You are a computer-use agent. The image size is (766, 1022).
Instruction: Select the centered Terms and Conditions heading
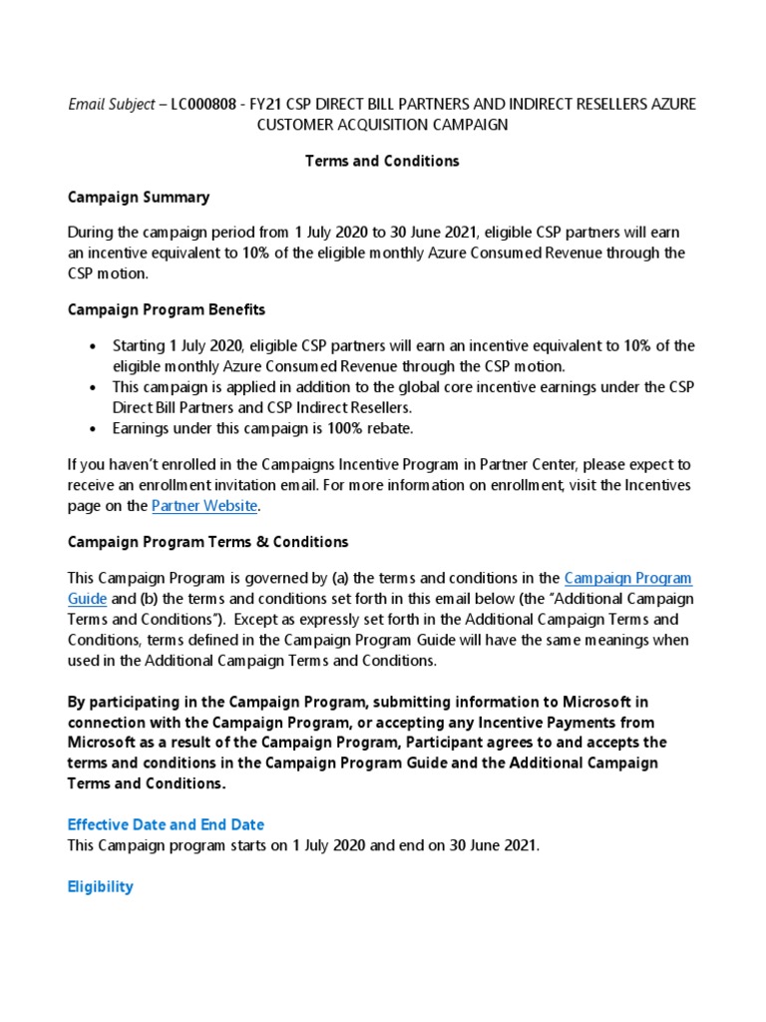tap(382, 161)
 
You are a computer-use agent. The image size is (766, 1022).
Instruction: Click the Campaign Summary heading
tap(138, 197)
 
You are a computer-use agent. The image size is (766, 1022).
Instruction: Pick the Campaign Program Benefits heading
tap(166, 309)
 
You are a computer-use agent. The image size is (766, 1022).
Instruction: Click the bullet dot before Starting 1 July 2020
tap(93, 346)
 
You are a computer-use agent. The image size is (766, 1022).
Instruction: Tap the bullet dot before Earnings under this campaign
tap(93, 428)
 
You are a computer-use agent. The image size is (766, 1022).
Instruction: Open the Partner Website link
tap(204, 506)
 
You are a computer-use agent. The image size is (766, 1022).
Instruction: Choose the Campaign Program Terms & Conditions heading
tap(207, 542)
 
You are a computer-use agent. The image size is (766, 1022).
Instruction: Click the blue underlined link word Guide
tap(87, 599)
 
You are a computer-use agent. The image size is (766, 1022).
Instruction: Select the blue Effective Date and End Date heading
tap(166, 824)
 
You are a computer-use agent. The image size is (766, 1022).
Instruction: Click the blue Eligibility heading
tap(100, 886)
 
